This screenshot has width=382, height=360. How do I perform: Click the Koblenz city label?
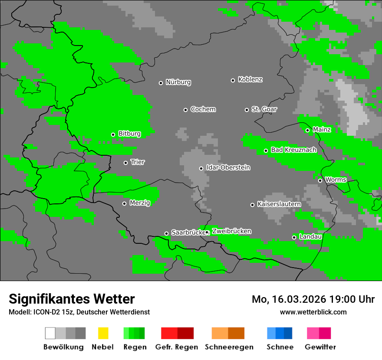click(x=250, y=80)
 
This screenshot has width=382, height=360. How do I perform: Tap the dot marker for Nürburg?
click(x=161, y=83)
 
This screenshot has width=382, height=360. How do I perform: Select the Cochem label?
click(x=203, y=109)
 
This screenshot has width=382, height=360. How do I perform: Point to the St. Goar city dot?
click(x=247, y=110)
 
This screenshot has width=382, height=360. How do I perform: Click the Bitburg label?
click(x=129, y=134)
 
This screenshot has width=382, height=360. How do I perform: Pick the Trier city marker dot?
click(x=126, y=163)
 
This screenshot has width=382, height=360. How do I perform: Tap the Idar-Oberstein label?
click(x=228, y=168)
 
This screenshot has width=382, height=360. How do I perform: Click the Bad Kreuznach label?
click(x=293, y=150)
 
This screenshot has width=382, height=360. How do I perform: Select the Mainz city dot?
click(x=307, y=130)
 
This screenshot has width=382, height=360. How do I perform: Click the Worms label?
click(x=336, y=180)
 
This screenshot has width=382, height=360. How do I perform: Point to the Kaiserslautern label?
click(x=279, y=204)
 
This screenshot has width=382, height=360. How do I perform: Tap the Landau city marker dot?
click(x=294, y=237)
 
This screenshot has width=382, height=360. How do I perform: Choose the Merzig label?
click(x=139, y=203)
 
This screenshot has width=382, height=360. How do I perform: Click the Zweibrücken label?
click(x=231, y=232)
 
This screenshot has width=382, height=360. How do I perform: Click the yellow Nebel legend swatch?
click(x=103, y=333)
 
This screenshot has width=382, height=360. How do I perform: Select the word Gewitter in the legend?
click(x=320, y=347)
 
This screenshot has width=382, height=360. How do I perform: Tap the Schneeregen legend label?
click(x=229, y=347)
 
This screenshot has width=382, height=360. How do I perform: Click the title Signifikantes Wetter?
click(x=72, y=299)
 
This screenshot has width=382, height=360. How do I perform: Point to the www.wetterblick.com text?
click(x=313, y=312)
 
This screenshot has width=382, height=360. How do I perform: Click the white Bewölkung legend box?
click(x=50, y=333)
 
